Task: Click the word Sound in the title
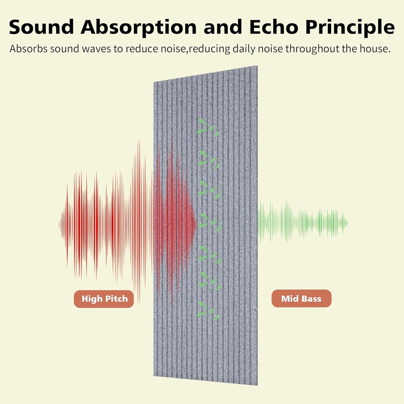pyautogui.click(x=41, y=27)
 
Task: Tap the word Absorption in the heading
pyautogui.click(x=139, y=27)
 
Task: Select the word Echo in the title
pyautogui.click(x=274, y=27)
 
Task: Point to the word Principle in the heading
pyautogui.click(x=350, y=27)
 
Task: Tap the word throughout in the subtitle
pyautogui.click(x=312, y=49)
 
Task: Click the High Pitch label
pyautogui.click(x=104, y=299)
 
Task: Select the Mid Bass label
pyautogui.click(x=301, y=299)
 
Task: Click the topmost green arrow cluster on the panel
pyautogui.click(x=208, y=128)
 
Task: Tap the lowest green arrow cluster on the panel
pyautogui.click(x=208, y=311)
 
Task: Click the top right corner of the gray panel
pyautogui.click(x=257, y=67)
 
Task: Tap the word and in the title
pyautogui.click(x=223, y=27)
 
